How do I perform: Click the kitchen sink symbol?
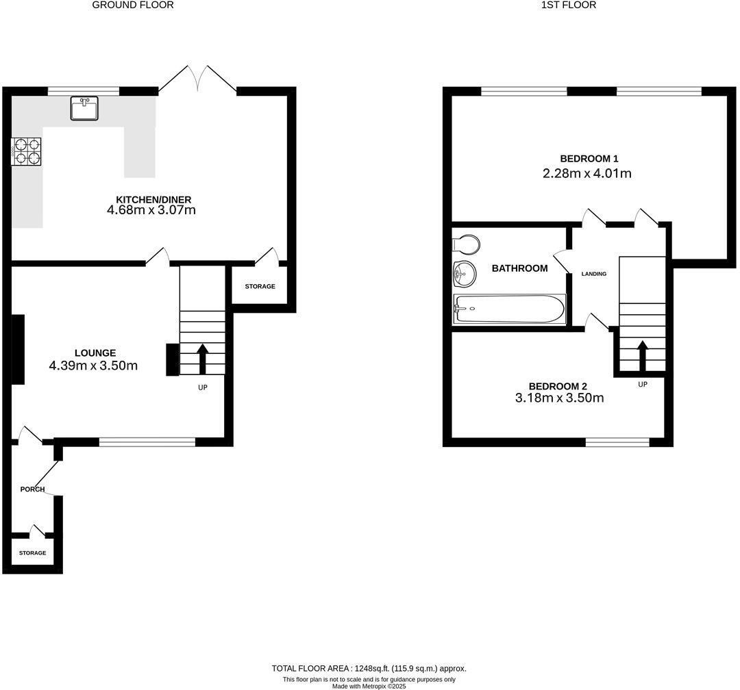click(x=84, y=108)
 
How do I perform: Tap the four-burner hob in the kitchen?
click(x=26, y=151)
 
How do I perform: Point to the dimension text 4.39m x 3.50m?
click(x=93, y=366)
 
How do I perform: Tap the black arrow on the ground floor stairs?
click(x=202, y=358)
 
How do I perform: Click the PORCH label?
click(x=32, y=489)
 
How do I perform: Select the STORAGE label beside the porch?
click(x=32, y=552)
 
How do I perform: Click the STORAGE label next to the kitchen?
click(x=260, y=286)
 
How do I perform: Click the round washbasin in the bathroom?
click(x=465, y=274)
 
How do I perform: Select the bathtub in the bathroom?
click(x=509, y=309)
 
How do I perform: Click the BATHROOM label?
click(x=519, y=268)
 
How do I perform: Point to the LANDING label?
click(x=593, y=274)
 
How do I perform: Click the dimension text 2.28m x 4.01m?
click(x=587, y=173)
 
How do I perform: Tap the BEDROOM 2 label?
click(x=557, y=386)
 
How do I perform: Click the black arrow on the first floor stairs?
click(x=642, y=355)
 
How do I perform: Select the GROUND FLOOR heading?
click(x=132, y=5)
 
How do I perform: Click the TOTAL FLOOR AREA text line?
click(x=369, y=668)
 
